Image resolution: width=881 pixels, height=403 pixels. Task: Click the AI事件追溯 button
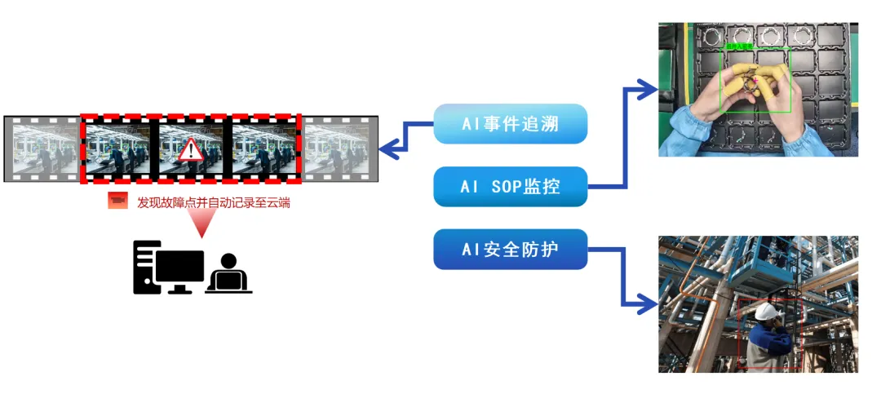point(511,124)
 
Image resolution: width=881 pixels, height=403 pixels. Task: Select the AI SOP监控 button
point(511,187)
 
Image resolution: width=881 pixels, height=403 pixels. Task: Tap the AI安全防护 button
point(511,249)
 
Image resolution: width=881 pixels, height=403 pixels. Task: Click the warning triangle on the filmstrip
point(191,149)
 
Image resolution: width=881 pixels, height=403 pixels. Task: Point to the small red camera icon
point(118,201)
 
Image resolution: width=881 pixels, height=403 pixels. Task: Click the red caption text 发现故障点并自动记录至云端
point(214,201)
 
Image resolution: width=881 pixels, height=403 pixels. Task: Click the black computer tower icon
point(144,268)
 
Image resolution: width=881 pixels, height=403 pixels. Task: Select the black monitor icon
point(179,269)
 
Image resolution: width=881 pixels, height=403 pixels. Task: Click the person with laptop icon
point(228,274)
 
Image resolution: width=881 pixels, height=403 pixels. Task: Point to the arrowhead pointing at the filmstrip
point(391,148)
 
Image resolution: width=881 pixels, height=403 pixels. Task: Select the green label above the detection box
point(739,46)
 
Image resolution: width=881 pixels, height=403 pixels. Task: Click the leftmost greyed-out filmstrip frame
point(42,148)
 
